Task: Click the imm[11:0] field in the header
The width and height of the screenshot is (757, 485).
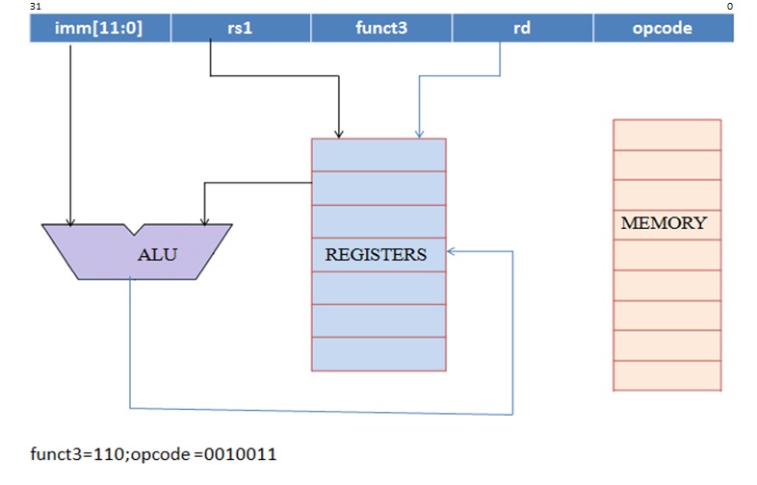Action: (100, 28)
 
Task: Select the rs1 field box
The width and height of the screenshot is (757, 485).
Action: (241, 28)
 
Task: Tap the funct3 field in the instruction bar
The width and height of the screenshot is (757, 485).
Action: (381, 28)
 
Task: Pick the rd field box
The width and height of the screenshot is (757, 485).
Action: (522, 28)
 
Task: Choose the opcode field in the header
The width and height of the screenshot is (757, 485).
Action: (663, 28)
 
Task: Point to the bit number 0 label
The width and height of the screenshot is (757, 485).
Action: (730, 7)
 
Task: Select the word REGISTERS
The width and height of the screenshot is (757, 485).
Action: (376, 255)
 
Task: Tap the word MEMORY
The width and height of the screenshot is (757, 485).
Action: (665, 223)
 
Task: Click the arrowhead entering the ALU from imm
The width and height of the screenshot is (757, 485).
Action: (70, 219)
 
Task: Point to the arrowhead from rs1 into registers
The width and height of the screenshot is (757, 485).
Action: (339, 133)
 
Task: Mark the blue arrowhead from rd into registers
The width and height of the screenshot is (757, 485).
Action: (418, 133)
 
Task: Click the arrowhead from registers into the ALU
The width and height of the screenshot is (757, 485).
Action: (201, 219)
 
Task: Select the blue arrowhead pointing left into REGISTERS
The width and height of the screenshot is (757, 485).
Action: (453, 251)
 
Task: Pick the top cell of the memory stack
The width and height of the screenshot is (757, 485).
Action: (666, 135)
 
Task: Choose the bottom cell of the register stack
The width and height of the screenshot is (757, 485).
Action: (378, 353)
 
